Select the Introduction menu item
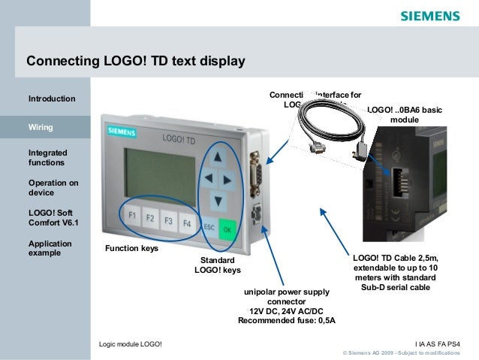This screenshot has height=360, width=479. click(52, 98)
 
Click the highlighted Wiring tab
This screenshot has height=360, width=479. click(41, 127)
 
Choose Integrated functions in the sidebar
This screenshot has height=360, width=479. click(47, 158)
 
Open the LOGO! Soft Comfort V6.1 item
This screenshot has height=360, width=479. click(53, 218)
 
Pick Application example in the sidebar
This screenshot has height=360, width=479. click(50, 248)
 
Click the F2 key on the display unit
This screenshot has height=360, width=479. click(150, 219)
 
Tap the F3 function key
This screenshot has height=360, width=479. click(168, 222)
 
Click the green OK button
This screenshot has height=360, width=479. click(227, 228)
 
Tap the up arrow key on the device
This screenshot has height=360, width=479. click(216, 159)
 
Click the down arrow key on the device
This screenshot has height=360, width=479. click(218, 201)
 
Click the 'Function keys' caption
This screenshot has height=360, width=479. click(131, 248)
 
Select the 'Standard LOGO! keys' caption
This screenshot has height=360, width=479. click(218, 265)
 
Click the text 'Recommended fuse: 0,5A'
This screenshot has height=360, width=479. click(286, 320)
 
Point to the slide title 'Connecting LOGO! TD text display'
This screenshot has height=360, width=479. click(136, 60)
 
